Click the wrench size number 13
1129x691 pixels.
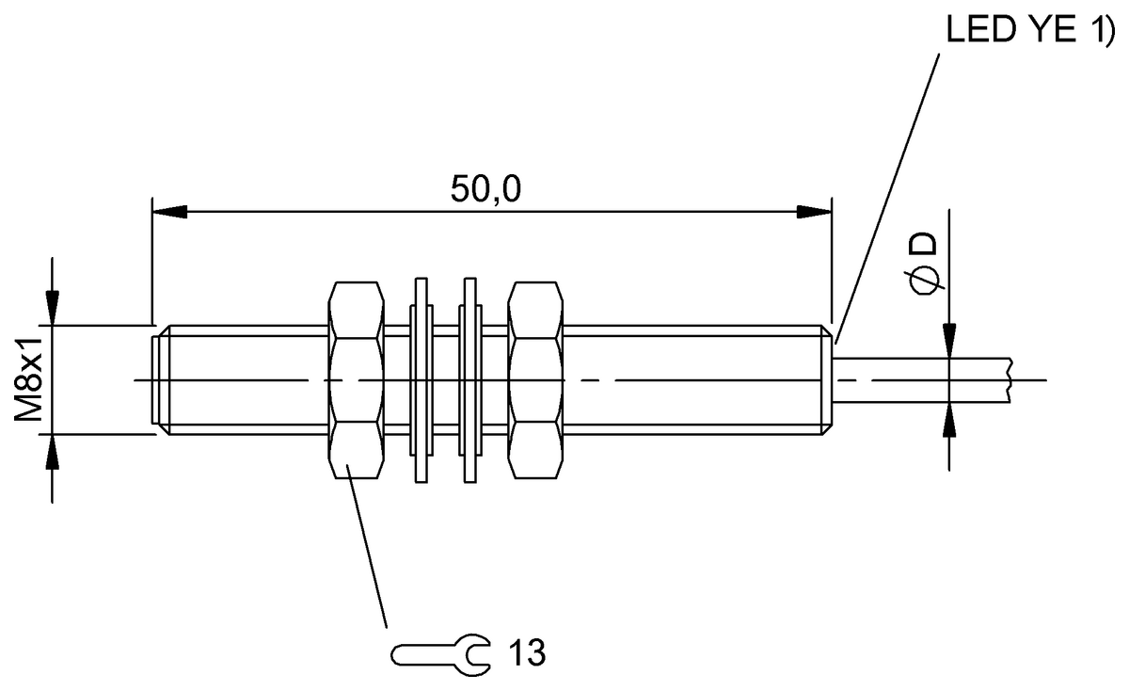(x=527, y=651)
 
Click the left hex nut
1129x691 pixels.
(x=357, y=380)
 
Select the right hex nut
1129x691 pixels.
(x=535, y=380)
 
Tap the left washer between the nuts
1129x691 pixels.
(x=420, y=380)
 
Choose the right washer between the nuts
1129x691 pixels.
(x=470, y=380)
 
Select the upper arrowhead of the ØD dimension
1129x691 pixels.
(x=950, y=341)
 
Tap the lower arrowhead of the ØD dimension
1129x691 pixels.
(x=950, y=420)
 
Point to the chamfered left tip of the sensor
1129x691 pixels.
(x=161, y=380)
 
